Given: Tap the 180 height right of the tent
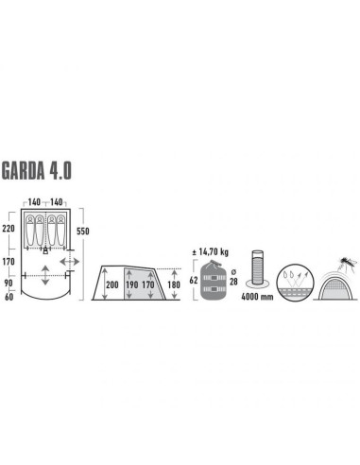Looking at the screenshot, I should pos(173,284).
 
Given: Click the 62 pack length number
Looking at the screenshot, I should pos(195,280).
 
